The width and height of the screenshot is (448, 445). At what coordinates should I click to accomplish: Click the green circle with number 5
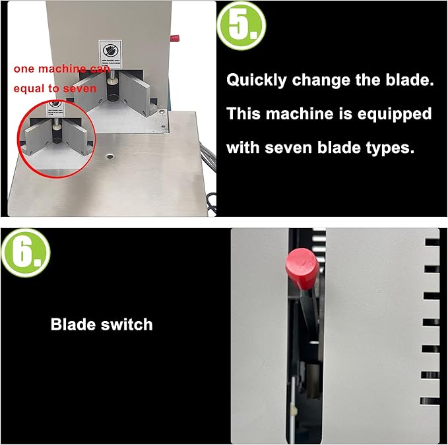[x=241, y=25]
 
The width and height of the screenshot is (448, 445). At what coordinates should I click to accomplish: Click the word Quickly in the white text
[x=254, y=80]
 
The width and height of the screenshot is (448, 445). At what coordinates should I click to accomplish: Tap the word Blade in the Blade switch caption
[x=73, y=324]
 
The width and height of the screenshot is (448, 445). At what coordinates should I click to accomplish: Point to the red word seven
[x=80, y=88]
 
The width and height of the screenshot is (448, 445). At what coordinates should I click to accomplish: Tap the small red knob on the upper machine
[x=176, y=38]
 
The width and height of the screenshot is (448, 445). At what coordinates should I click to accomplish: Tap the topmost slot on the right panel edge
[x=432, y=243]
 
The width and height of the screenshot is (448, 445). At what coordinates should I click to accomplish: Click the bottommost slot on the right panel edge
[x=430, y=400]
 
